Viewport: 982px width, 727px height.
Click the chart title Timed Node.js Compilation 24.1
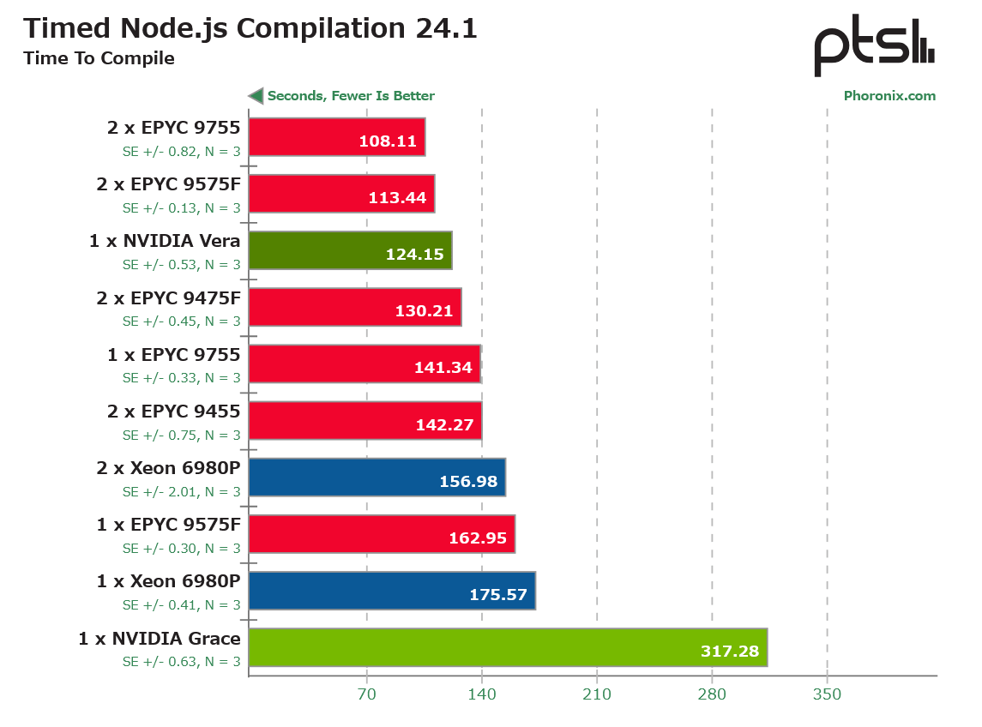point(250,29)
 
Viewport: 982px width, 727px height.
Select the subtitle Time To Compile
point(99,58)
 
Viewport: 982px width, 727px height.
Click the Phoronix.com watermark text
point(889,96)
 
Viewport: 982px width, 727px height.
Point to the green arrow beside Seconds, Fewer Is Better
point(256,96)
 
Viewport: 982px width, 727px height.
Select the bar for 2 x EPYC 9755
point(337,136)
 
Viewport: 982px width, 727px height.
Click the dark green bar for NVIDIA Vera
point(351,250)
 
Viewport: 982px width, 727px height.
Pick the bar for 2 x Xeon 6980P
point(377,478)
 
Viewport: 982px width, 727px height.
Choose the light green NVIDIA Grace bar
point(508,647)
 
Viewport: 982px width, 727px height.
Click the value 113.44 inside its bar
point(397,198)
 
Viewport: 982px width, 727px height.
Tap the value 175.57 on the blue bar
point(498,594)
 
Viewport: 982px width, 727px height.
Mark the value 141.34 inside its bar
point(443,368)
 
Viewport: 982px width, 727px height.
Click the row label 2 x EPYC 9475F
point(168,298)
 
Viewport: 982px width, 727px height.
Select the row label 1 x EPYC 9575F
point(168,525)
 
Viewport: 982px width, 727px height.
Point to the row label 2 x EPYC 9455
point(173,412)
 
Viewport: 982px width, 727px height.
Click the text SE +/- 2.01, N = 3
point(182,491)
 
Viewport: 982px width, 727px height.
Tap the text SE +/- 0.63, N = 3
point(182,661)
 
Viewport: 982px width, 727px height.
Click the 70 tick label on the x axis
point(367,694)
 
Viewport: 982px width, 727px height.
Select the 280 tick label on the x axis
point(712,694)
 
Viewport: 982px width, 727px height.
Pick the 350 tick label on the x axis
point(828,694)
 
